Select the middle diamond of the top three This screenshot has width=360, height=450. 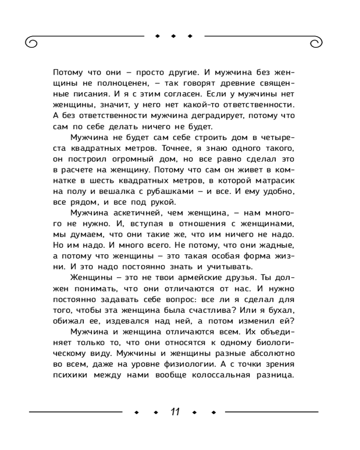coord(174,36)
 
